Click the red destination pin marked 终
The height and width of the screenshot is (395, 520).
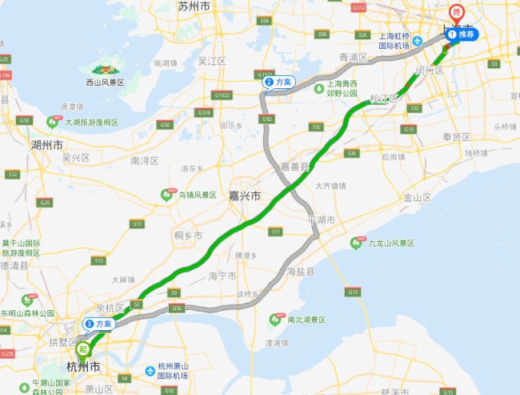tap(457, 14)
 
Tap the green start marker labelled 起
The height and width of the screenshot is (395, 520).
tap(82, 349)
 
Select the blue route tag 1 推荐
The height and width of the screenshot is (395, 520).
tap(462, 34)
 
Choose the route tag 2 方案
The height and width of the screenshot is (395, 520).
tap(280, 82)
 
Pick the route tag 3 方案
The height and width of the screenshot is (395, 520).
tap(99, 324)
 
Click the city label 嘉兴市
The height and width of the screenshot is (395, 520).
tap(244, 195)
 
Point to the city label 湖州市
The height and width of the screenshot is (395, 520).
tap(46, 145)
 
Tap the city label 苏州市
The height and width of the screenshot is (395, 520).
tap(194, 6)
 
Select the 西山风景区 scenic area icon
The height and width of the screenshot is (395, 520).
tap(104, 70)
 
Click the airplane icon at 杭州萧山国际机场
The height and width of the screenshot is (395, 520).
tap(151, 371)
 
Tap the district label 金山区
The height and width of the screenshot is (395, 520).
tap(417, 197)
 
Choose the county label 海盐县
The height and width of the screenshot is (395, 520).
tap(301, 272)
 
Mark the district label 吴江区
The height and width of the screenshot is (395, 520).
tap(214, 61)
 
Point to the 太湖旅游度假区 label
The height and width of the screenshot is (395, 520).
tap(91, 123)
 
